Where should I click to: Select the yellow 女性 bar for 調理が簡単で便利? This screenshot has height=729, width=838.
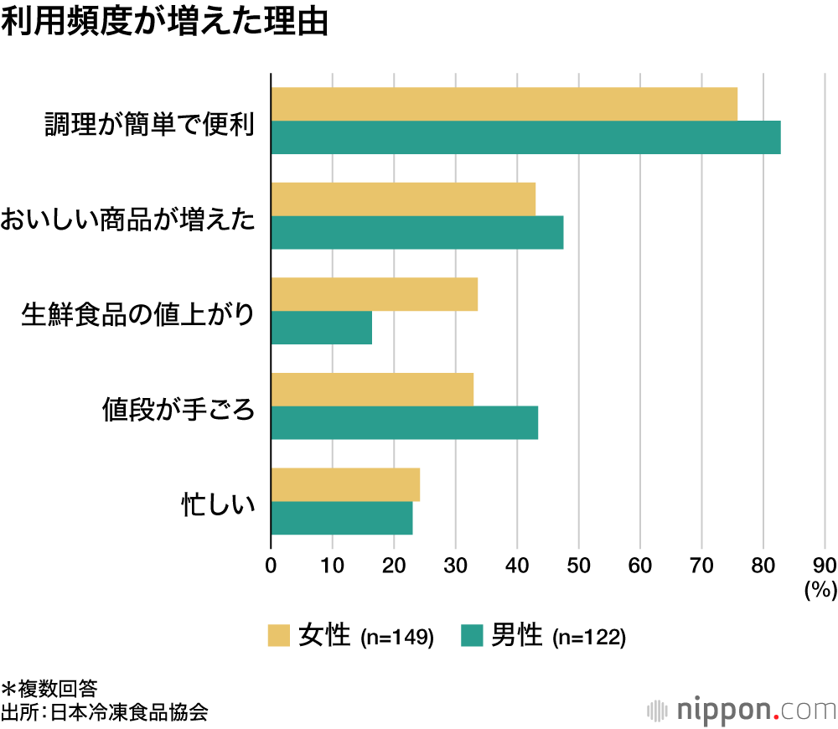coord(504,104)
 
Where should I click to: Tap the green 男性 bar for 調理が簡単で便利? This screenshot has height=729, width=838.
coord(525,137)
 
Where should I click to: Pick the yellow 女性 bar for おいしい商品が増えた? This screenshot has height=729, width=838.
coord(403,199)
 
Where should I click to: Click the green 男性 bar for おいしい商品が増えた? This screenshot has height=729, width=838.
coord(417,232)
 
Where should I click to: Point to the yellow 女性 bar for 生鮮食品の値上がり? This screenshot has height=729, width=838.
coord(374,294)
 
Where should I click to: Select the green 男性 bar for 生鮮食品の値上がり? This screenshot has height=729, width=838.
coord(321,328)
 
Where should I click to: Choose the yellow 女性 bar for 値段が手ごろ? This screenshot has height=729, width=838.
coord(372,390)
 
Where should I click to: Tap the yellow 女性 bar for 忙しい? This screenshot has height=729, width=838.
coord(345,484)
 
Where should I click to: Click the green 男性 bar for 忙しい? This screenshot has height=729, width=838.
coord(341,518)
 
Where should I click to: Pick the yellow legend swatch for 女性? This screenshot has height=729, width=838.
coord(279,636)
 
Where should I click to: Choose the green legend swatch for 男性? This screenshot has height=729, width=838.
coord(473,636)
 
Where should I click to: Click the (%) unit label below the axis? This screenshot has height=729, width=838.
coord(820,590)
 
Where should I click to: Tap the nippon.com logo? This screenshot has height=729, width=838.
coord(742,709)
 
